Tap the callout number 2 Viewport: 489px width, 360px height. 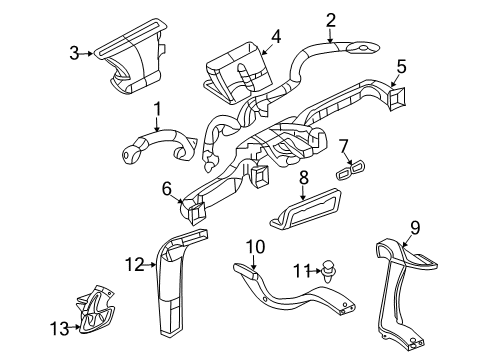click(x=330, y=18)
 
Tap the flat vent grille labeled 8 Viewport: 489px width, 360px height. click(x=305, y=211)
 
